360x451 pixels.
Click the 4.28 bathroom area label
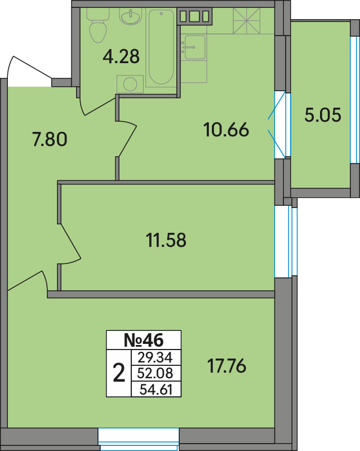[x=121, y=56]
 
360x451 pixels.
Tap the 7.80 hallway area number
[x=50, y=139]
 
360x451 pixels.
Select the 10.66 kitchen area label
[x=226, y=130]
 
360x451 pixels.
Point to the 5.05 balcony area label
[x=323, y=115]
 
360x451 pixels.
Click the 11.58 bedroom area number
[x=166, y=240]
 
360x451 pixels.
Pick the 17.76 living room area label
[x=227, y=366]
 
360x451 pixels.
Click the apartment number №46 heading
[x=144, y=341]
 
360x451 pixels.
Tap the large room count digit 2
[x=119, y=373]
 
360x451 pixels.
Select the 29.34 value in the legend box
[x=155, y=358]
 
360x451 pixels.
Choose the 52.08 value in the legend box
[x=155, y=374]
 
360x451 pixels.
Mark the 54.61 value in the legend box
[x=156, y=390]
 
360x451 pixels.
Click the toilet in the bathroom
[x=98, y=25]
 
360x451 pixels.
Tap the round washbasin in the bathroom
[x=131, y=17]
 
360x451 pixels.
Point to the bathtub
[x=161, y=47]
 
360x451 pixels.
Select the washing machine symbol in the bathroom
[x=130, y=84]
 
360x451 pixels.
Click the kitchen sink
[x=195, y=47]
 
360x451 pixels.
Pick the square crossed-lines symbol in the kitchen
[x=246, y=21]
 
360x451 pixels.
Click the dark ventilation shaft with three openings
[x=195, y=16]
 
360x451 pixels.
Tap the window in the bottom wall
[x=139, y=439]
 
